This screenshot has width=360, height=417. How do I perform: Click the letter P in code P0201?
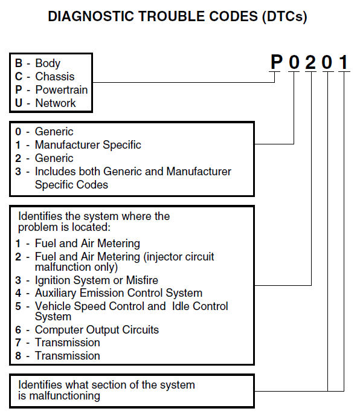pyautogui.click(x=276, y=62)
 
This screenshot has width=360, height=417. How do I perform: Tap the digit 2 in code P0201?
pyautogui.click(x=310, y=62)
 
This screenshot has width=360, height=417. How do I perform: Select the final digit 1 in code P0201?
pyautogui.click(x=344, y=62)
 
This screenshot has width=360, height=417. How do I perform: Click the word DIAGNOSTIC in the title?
pyautogui.click(x=91, y=16)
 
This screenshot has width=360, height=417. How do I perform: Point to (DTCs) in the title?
pyautogui.click(x=284, y=17)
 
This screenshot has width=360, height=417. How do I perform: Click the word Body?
pyautogui.click(x=48, y=63)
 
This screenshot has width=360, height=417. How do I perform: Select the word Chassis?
pyautogui.click(x=55, y=77)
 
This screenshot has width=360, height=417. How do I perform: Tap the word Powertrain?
pyautogui.click(x=62, y=90)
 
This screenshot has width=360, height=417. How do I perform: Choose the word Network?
pyautogui.click(x=56, y=103)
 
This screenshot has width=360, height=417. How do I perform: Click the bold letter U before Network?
pyautogui.click(x=19, y=103)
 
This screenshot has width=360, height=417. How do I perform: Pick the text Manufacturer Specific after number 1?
pyautogui.click(x=88, y=145)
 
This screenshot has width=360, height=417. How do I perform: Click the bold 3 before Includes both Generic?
pyautogui.click(x=18, y=172)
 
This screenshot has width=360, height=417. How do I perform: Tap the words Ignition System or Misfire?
pyautogui.click(x=97, y=280)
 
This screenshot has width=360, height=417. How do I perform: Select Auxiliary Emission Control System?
pyautogui.click(x=118, y=293)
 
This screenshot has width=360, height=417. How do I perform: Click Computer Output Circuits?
pyautogui.click(x=97, y=330)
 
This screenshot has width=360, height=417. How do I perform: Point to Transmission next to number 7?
pyautogui.click(x=68, y=343)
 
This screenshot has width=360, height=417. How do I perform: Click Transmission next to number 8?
pyautogui.click(x=68, y=356)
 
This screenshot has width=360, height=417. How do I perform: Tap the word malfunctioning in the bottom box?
pyautogui.click(x=65, y=396)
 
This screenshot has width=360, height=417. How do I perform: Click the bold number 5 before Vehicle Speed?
pyautogui.click(x=18, y=306)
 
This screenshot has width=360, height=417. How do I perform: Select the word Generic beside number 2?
pyautogui.click(x=54, y=158)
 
